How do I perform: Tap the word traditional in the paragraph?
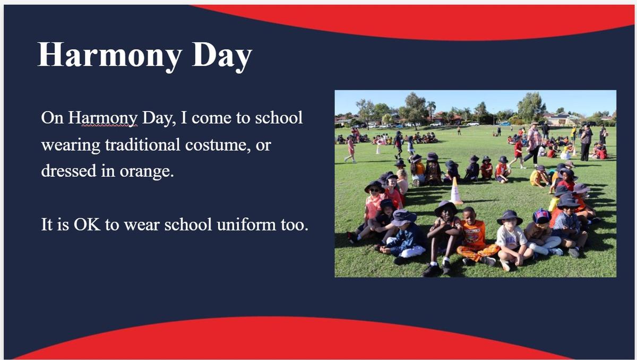point(142,145)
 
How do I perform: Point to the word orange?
point(147,172)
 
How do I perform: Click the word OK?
point(87,225)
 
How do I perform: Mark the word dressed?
point(68,170)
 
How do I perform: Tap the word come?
point(211,118)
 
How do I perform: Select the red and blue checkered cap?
point(541,216)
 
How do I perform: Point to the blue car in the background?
point(505,124)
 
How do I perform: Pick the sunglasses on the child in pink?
point(374,190)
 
